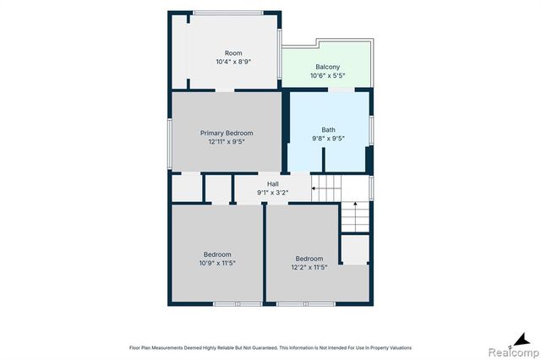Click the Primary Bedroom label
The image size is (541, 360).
coord(227,133)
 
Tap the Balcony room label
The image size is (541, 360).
coord(327,67)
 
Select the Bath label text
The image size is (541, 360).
coord(328,129)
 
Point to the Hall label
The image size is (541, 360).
coord(272,184)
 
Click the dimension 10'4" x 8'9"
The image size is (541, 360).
coord(233,62)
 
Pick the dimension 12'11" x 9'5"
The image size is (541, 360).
coord(227,141)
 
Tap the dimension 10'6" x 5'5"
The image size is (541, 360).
coord(327,75)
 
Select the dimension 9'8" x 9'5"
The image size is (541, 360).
coord(328,139)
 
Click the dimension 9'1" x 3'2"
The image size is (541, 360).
coord(272,193)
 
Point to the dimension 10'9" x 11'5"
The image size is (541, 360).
coord(217,263)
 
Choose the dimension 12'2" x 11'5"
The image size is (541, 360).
coord(309,267)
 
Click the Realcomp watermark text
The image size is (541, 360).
coord(513,352)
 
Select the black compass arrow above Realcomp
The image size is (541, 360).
coord(522,340)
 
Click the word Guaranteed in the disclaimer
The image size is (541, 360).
coord(265,348)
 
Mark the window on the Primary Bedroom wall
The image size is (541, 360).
coord(169,144)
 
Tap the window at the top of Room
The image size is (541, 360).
coord(228,13)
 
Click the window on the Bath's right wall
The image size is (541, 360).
coord(371,130)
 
